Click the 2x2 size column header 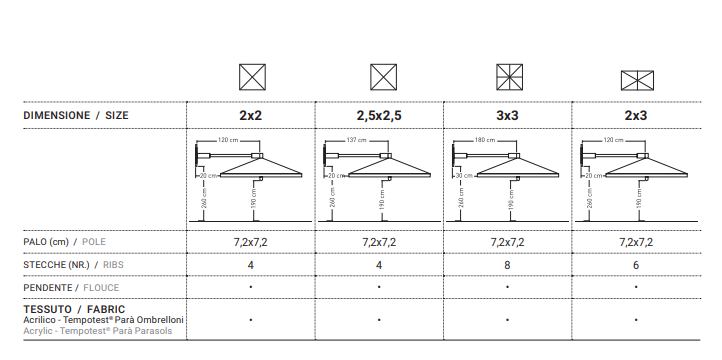pyautogui.click(x=250, y=116)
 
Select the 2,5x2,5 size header pyautogui.click(x=379, y=116)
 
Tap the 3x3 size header pyautogui.click(x=507, y=116)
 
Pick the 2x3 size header pyautogui.click(x=636, y=116)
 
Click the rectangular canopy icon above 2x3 pyautogui.click(x=637, y=81)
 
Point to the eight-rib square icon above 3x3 pyautogui.click(x=510, y=77)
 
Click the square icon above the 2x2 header pyautogui.click(x=252, y=77)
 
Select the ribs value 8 pyautogui.click(x=507, y=265)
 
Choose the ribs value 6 pyautogui.click(x=636, y=265)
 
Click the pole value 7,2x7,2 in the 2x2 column pyautogui.click(x=250, y=242)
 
